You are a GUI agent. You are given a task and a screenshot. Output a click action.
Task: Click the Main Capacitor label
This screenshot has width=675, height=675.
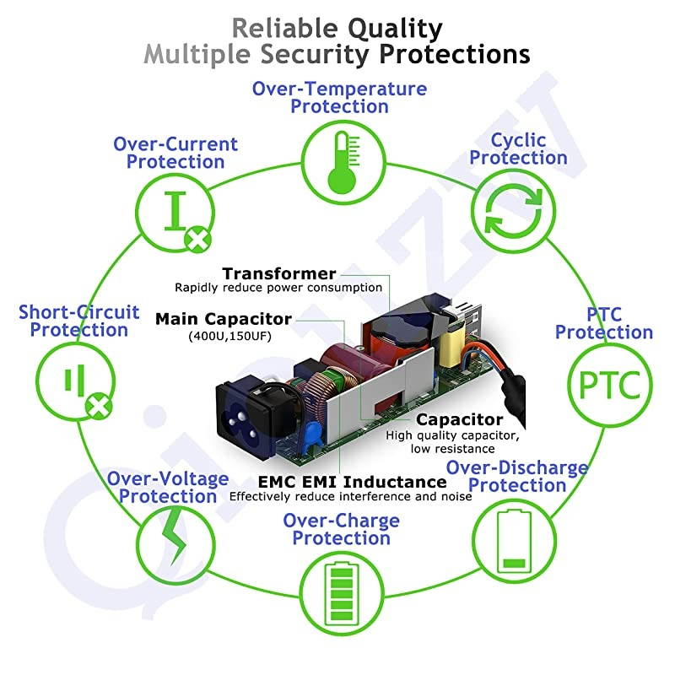pyautogui.click(x=224, y=319)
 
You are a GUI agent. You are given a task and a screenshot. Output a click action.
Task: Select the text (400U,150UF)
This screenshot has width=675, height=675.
pyautogui.click(x=224, y=336)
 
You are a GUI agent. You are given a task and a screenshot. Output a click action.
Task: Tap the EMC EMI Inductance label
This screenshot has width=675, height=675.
pyautogui.click(x=352, y=482)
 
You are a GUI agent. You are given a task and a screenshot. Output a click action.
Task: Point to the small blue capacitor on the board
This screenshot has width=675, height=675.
pyautogui.click(x=314, y=433)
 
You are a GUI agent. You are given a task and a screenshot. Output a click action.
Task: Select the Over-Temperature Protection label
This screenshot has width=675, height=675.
pyautogui.click(x=339, y=97)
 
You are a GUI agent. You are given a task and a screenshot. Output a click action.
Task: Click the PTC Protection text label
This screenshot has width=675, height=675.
pyautogui.click(x=603, y=323)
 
